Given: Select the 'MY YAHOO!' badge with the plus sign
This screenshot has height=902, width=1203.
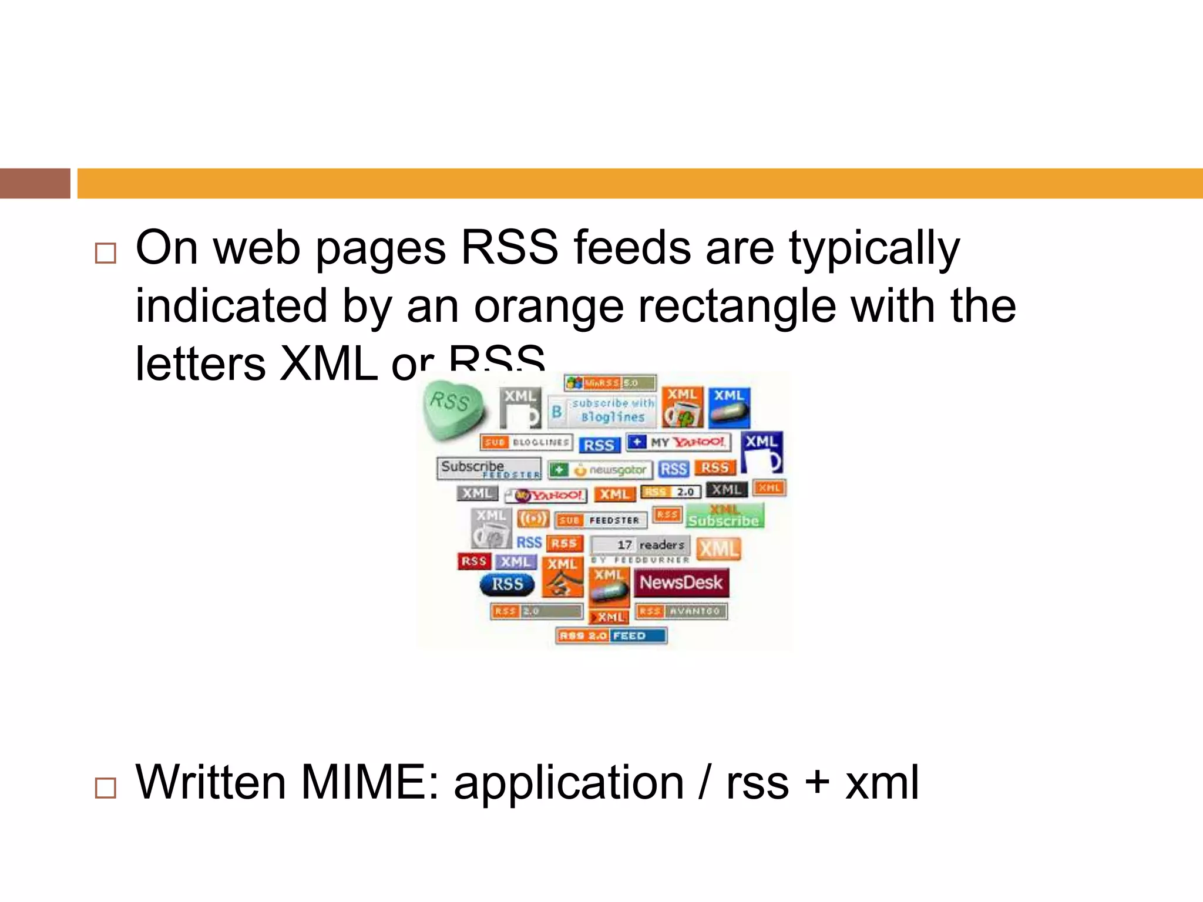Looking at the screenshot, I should [678, 442].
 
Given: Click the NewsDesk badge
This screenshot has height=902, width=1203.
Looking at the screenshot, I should [681, 583].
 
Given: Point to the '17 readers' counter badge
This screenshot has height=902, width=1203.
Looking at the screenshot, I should [641, 545].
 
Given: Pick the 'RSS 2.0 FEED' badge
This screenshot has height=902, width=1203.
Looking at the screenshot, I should [611, 636].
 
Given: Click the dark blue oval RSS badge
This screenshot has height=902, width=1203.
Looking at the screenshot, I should [507, 584].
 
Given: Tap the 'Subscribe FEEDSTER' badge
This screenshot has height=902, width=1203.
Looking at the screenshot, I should [489, 469].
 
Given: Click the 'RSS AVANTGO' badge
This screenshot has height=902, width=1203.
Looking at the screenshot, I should [681, 611].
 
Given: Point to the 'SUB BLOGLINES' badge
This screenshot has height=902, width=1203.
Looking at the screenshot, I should [526, 442].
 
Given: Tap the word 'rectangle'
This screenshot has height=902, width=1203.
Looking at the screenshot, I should [737, 307].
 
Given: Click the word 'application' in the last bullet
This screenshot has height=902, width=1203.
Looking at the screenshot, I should [569, 783].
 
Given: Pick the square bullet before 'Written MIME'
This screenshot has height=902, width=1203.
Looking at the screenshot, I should [106, 787].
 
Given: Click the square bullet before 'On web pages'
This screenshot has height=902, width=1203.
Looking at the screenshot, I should [106, 253].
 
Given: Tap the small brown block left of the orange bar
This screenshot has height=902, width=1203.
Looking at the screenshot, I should [35, 183].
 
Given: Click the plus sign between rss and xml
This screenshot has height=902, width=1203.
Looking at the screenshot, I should [816, 783].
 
